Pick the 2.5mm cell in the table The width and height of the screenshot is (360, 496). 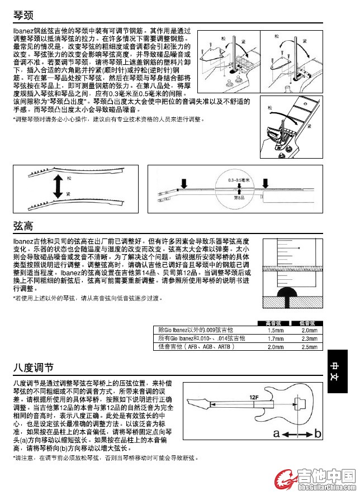309,347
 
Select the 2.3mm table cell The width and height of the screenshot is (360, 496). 309,338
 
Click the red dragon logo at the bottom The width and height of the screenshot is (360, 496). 285,479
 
